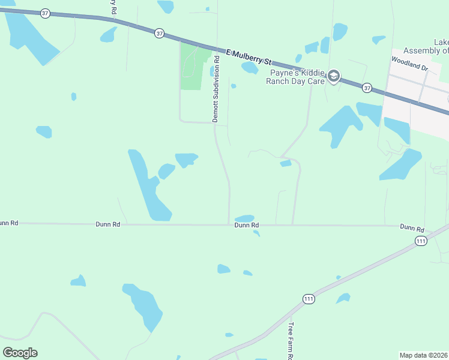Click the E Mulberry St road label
point(250,58)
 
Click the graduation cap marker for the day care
point(334,77)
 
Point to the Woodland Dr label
point(409,64)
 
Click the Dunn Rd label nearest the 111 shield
point(412,229)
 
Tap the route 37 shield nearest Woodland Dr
point(367,88)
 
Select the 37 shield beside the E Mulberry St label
point(158,34)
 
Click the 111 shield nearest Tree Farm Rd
point(309,299)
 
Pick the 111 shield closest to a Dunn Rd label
point(421,241)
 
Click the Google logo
point(20,352)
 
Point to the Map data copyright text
point(423,355)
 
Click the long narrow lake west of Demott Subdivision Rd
point(148,185)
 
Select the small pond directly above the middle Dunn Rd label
point(244,218)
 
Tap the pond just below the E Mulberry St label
point(249,68)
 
